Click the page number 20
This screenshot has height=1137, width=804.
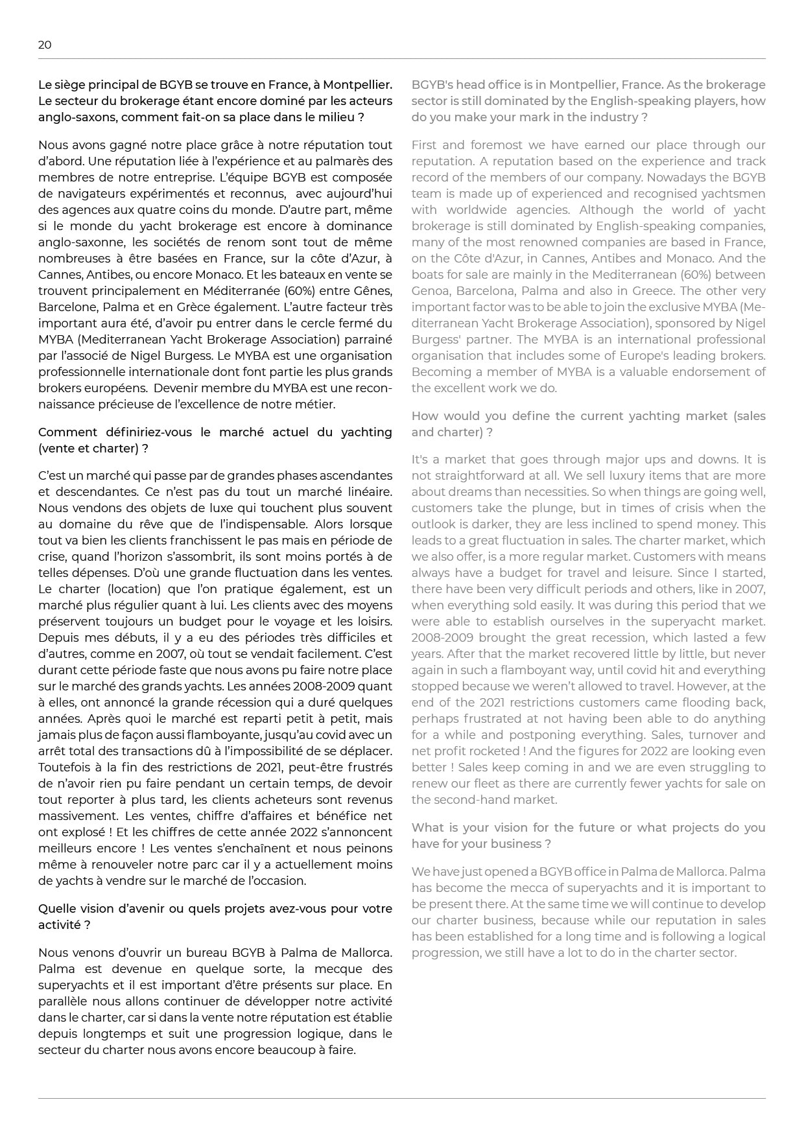tap(45, 45)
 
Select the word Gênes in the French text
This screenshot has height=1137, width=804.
tap(375, 291)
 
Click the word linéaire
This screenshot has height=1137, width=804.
tap(368, 492)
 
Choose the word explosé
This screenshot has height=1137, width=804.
tap(79, 832)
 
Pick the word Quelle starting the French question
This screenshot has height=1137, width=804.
tap(56, 909)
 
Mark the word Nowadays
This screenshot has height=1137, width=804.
tap(665, 178)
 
